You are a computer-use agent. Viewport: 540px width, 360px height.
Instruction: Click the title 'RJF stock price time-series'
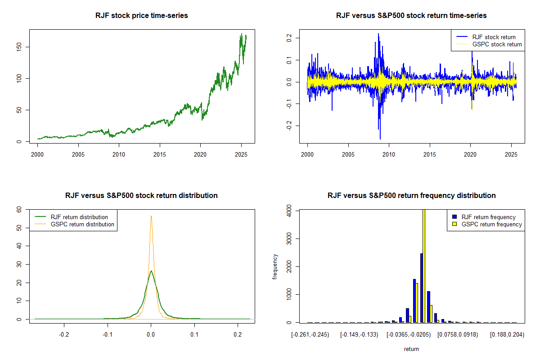click(142, 16)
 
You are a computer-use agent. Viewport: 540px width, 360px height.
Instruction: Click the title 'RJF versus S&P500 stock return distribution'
click(142, 196)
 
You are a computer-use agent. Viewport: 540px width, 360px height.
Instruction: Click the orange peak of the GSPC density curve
click(151, 216)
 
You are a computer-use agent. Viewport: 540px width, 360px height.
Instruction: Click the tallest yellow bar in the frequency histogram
click(423, 265)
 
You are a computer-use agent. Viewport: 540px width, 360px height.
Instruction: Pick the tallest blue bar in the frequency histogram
click(421, 288)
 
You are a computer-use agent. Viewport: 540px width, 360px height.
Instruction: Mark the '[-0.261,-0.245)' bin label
click(310, 335)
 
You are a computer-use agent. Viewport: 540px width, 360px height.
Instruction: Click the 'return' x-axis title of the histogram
click(411, 349)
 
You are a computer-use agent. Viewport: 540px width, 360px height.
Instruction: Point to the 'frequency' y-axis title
click(275, 266)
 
